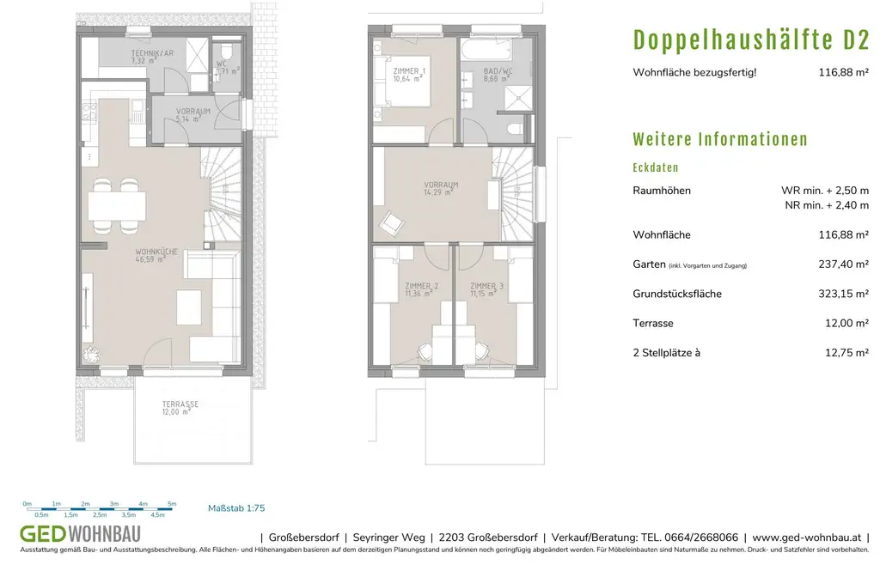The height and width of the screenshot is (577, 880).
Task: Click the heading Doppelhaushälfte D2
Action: coord(751,39)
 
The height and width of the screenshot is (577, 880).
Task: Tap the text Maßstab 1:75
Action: coord(236,509)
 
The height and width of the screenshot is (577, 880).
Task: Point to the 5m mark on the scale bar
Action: coord(172,504)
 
